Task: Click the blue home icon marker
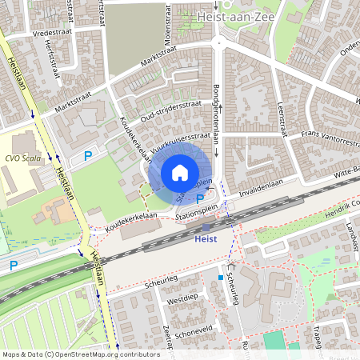pos(180,173)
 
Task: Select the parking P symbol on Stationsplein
pos(199,198)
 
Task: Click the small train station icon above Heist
pos(206,228)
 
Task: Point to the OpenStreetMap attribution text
pos(80,354)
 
